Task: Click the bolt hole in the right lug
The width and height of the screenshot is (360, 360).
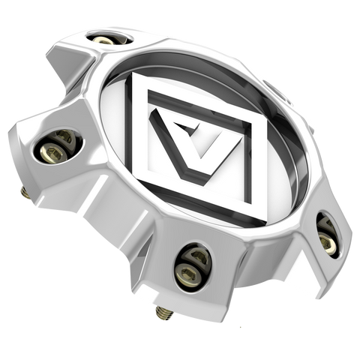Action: click(326, 238)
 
